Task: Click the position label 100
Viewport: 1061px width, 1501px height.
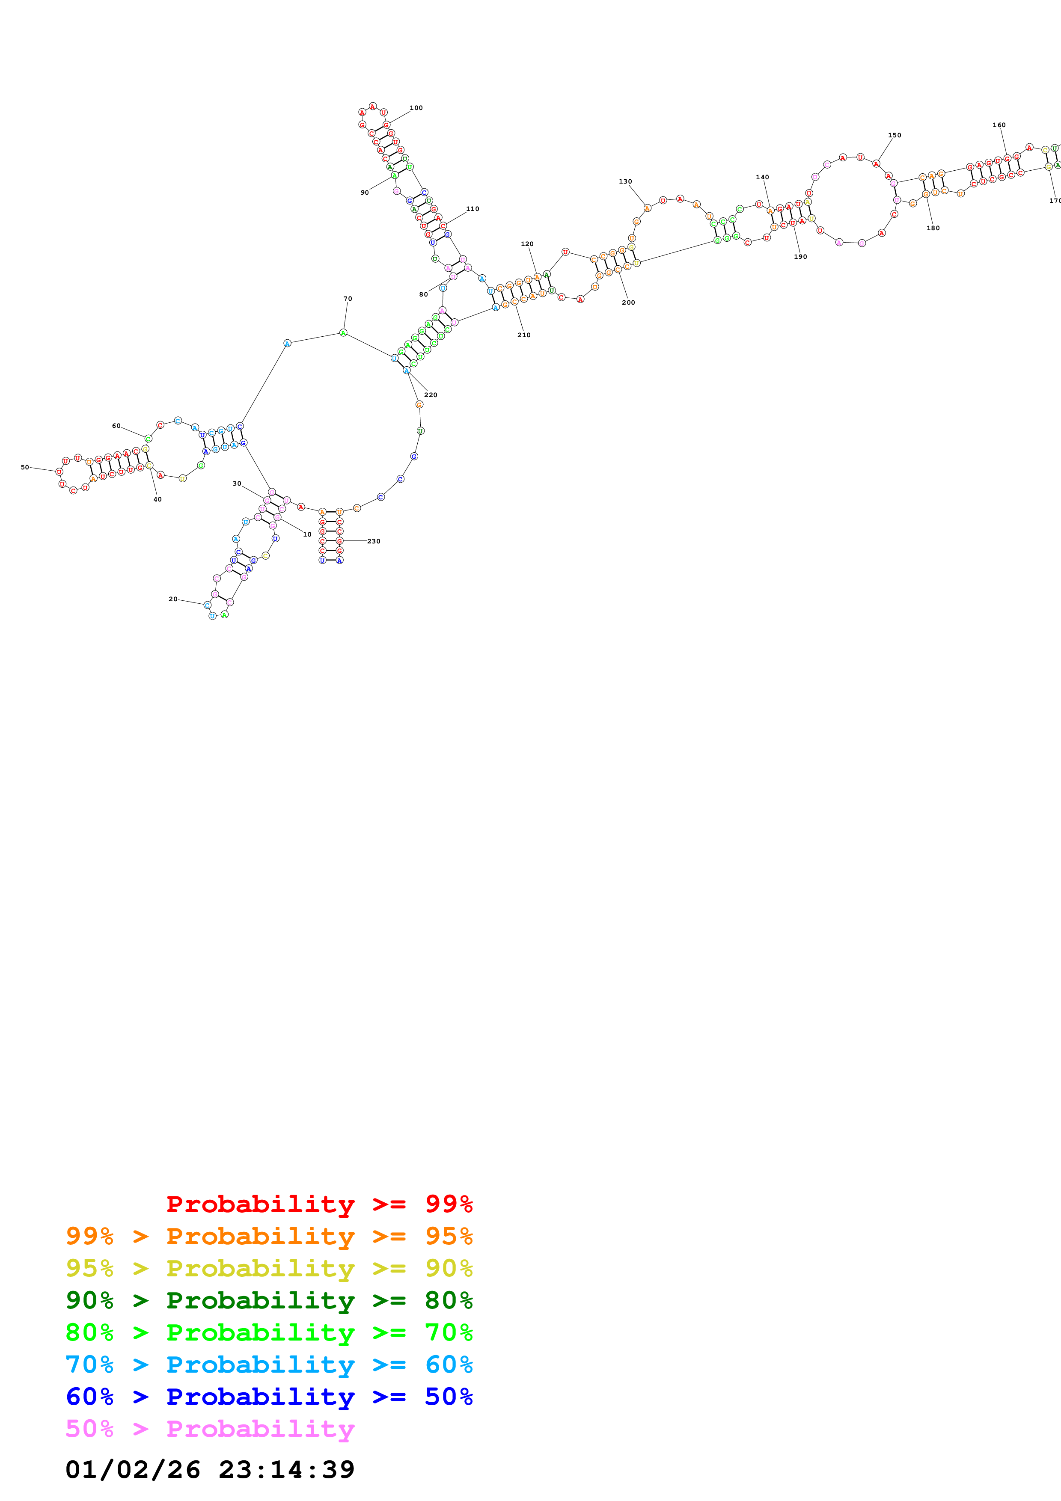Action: [x=416, y=108]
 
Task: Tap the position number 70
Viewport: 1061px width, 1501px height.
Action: [x=348, y=299]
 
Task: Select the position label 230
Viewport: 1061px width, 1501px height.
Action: [x=373, y=541]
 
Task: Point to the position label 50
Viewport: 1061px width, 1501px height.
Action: [x=25, y=467]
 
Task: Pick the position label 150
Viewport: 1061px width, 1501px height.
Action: [x=895, y=135]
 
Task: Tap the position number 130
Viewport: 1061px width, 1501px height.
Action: [x=625, y=182]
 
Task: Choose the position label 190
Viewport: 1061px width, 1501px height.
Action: [x=800, y=257]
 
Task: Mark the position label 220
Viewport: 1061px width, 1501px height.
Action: [x=430, y=395]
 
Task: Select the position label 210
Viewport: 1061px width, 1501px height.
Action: [x=523, y=335]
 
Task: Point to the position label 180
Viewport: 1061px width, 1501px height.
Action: [x=933, y=228]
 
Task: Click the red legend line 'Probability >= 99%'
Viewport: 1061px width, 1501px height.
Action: [x=319, y=1204]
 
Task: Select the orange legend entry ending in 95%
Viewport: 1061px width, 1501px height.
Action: [x=269, y=1236]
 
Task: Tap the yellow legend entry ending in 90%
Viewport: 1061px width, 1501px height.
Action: [x=269, y=1268]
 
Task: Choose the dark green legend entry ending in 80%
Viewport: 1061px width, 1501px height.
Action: [x=269, y=1300]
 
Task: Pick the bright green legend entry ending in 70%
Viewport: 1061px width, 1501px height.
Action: [x=269, y=1332]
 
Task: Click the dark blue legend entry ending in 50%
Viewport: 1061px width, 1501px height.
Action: [x=269, y=1397]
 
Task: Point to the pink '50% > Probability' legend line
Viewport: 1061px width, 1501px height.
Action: [x=210, y=1428]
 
